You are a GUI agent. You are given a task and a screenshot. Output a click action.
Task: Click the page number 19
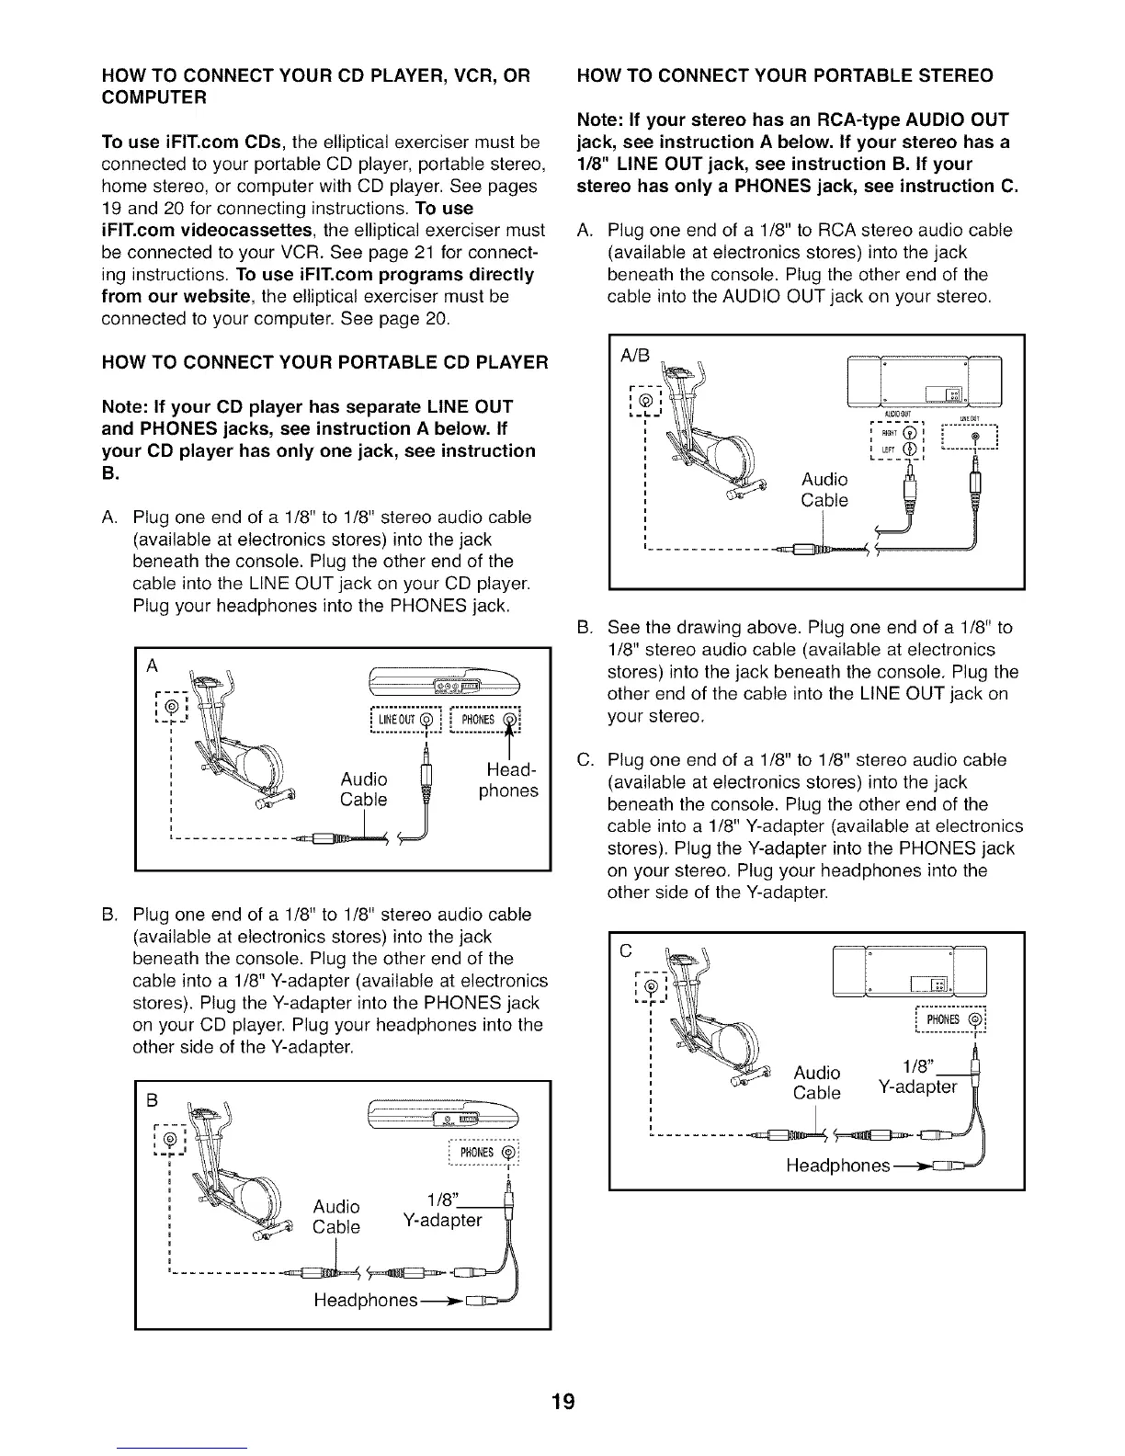[x=562, y=1401]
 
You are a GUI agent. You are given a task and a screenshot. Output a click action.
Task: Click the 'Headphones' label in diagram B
[x=366, y=1302]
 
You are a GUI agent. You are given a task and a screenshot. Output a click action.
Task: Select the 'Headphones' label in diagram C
[x=837, y=1166]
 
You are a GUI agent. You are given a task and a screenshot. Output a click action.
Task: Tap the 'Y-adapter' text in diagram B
[x=442, y=1220]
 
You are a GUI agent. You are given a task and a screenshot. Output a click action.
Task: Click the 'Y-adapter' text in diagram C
[x=917, y=1087]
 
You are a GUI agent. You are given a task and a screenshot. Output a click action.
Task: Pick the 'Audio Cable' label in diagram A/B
[x=824, y=490]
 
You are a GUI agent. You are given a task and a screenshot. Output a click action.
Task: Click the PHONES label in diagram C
[x=943, y=1018]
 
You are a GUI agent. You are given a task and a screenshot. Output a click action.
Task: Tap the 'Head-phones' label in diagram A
[x=508, y=779]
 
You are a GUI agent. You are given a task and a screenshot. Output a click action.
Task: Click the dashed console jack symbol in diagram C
[x=652, y=986]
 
